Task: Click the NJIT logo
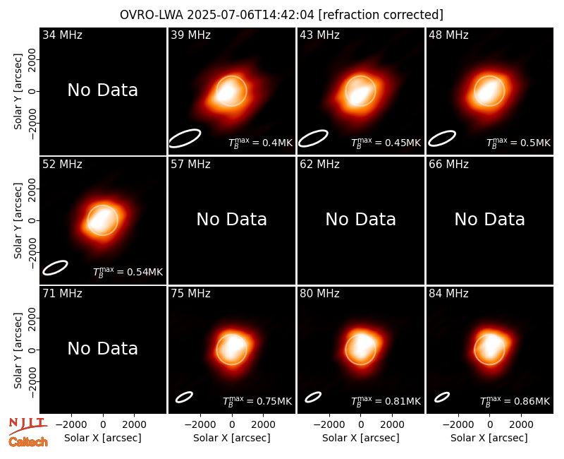pos(27,426)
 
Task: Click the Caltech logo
pos(28,442)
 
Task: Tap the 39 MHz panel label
pos(190,35)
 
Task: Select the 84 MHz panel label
pos(448,294)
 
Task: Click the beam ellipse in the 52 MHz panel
pos(55,268)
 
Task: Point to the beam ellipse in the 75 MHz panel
pos(184,397)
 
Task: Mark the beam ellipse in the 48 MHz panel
pos(442,138)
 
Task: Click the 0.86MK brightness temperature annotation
pos(515,401)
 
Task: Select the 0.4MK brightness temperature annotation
pos(261,143)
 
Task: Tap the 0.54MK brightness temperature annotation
pos(128,272)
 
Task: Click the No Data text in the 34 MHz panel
pos(102,90)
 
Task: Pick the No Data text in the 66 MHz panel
pos(489,219)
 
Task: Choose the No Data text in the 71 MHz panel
pos(102,348)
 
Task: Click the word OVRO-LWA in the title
pos(152,15)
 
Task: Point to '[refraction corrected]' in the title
pos(381,15)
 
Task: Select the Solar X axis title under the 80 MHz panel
pos(361,438)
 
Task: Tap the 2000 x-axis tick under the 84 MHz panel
pos(521,425)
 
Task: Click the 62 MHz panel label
pos(320,165)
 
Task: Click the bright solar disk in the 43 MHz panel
pos(360,91)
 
